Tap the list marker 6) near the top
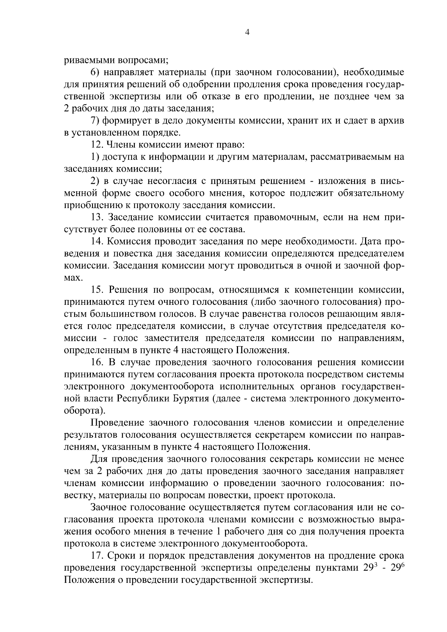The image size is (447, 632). click(x=95, y=72)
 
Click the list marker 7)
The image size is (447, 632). click(x=95, y=121)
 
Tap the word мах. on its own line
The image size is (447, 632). click(x=73, y=278)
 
